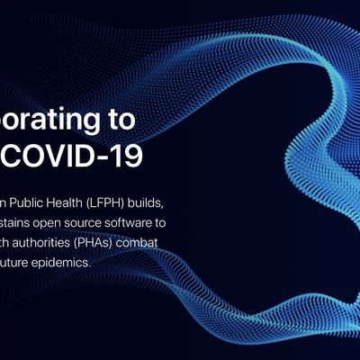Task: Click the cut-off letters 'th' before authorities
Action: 7,242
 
